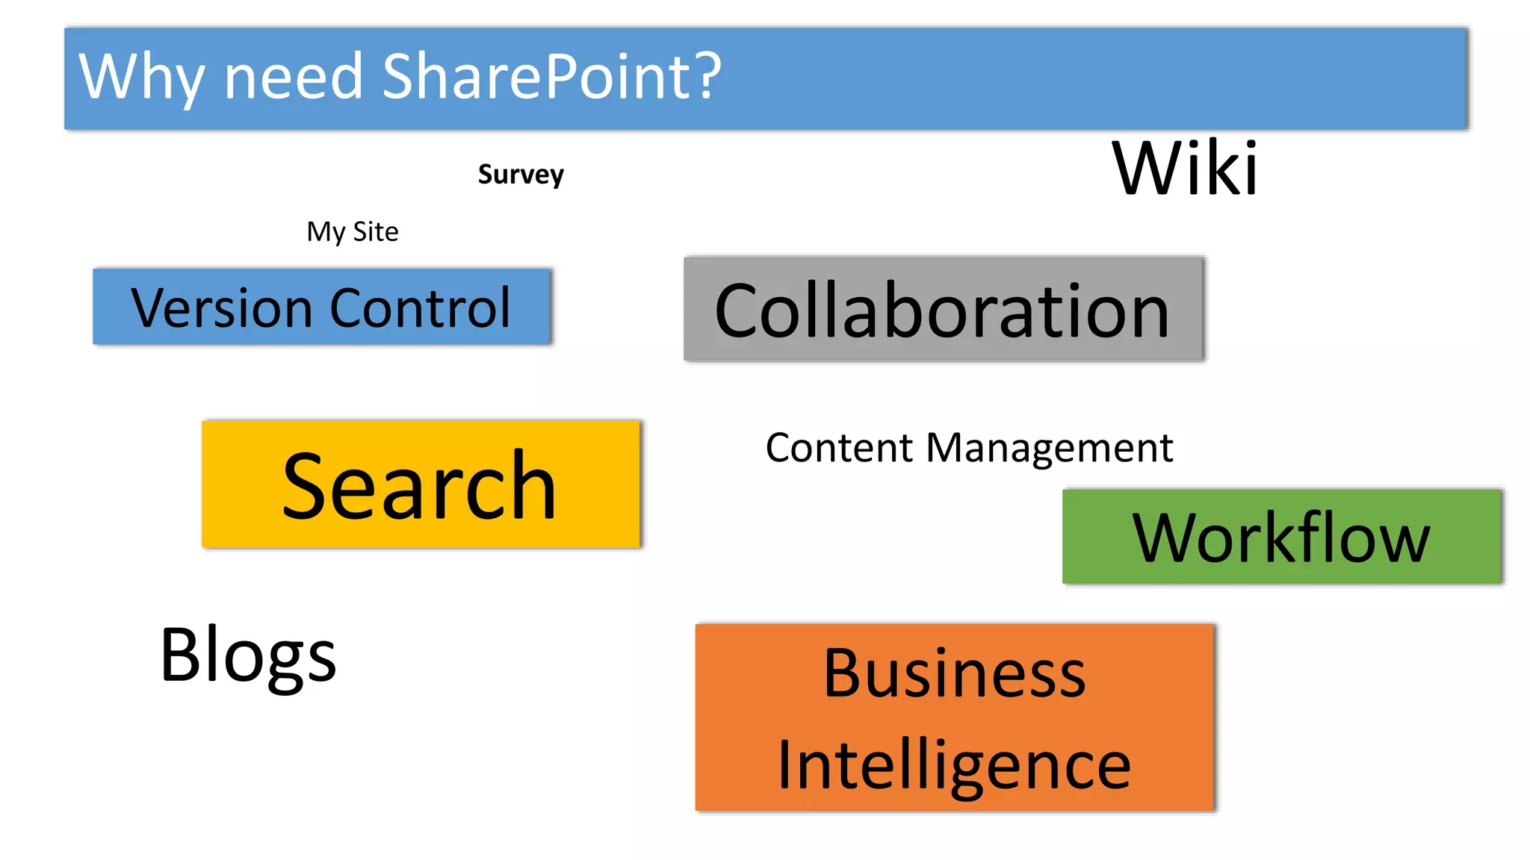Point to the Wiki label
[1185, 169]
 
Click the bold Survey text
[521, 175]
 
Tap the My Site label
[353, 232]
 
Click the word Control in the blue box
[420, 308]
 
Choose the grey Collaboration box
[944, 310]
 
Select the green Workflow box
[1282, 537]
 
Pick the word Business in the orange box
[954, 673]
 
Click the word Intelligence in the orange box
[954, 766]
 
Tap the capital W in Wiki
[1147, 169]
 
